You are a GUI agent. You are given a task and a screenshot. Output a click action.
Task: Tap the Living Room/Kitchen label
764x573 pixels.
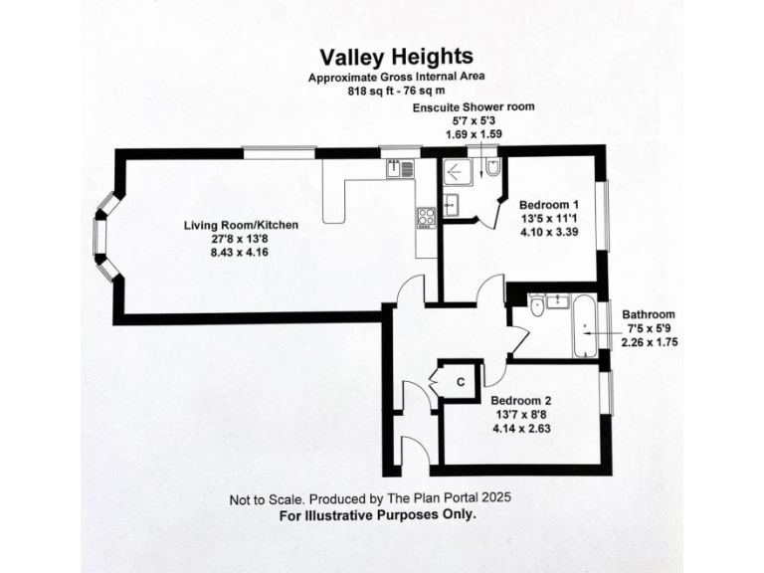point(241,225)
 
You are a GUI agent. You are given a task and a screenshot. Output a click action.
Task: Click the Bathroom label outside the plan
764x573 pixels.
point(649,314)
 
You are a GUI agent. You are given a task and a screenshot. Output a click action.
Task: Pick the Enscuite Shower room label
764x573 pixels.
point(474,106)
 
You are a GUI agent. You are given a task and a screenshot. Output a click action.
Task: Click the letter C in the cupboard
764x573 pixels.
point(461,381)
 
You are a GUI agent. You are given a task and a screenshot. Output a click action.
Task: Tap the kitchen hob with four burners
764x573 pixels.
point(426,216)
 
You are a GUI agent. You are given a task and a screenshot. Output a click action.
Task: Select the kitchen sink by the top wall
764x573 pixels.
point(400,169)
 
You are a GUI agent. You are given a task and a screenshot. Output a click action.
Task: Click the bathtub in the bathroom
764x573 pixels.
point(583,326)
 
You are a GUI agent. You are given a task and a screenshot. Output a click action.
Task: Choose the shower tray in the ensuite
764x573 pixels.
point(459,172)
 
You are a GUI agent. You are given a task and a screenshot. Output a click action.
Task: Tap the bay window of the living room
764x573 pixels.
point(101,237)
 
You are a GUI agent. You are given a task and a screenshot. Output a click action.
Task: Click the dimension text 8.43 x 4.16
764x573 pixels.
point(240,253)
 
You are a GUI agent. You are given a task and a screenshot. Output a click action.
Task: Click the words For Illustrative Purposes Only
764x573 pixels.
point(378,515)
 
